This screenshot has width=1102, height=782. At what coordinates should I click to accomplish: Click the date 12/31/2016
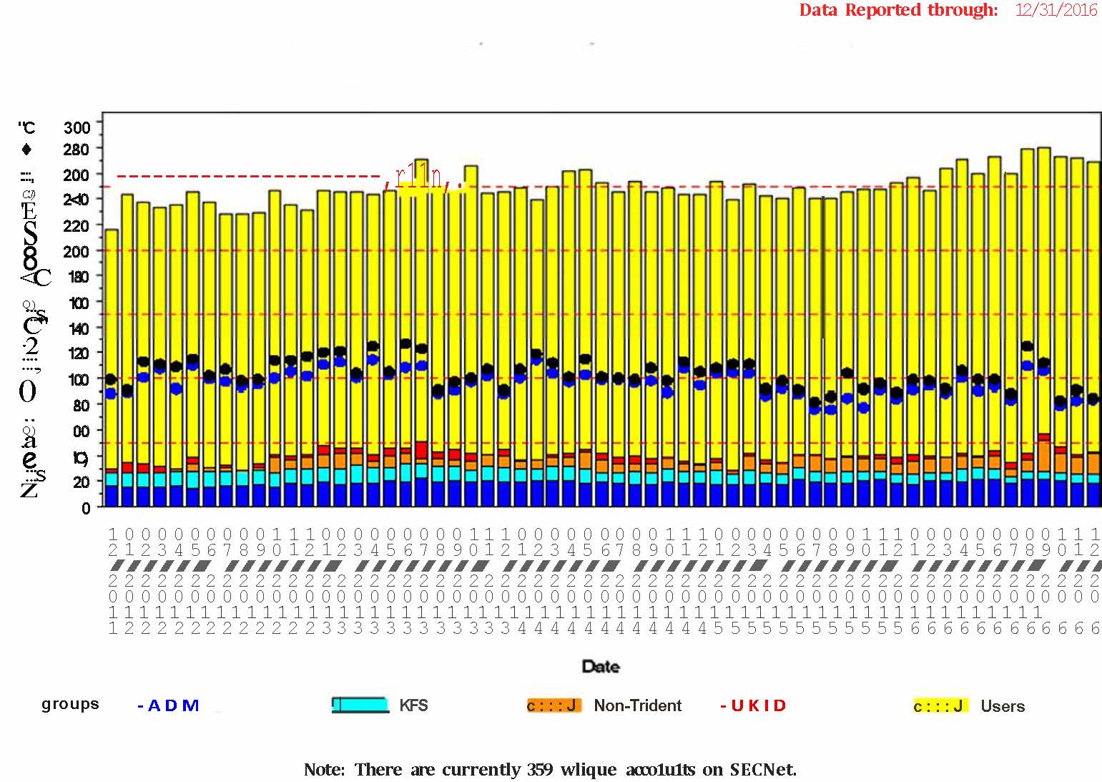1056,10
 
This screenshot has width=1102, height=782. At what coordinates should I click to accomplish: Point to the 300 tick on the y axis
77,128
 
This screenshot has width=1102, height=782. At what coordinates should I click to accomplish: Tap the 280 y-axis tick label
77,149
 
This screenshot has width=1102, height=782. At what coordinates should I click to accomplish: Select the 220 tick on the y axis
77,225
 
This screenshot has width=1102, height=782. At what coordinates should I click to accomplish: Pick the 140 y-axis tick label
77,328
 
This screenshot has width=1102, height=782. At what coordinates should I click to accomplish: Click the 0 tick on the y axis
86,508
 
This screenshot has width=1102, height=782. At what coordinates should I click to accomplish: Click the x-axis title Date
601,667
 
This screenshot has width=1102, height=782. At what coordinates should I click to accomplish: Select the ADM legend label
169,705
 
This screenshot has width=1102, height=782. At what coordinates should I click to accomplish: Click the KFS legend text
413,705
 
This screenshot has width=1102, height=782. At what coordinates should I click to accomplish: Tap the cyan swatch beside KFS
360,705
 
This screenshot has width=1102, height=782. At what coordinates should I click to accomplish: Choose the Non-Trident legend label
637,706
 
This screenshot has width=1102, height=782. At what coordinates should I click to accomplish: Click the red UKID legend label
753,705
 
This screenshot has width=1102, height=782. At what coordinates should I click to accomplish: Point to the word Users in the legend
1003,707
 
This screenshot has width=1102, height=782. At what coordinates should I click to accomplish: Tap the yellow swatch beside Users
940,706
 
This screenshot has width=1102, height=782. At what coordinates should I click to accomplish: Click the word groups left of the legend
70,704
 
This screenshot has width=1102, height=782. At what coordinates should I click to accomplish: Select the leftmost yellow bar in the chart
112,343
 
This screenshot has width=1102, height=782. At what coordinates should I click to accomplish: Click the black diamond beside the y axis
27,149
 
